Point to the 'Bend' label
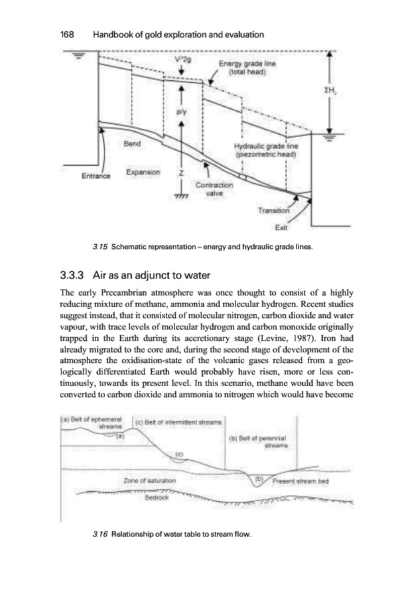click(133, 143)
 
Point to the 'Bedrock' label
click(157, 498)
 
